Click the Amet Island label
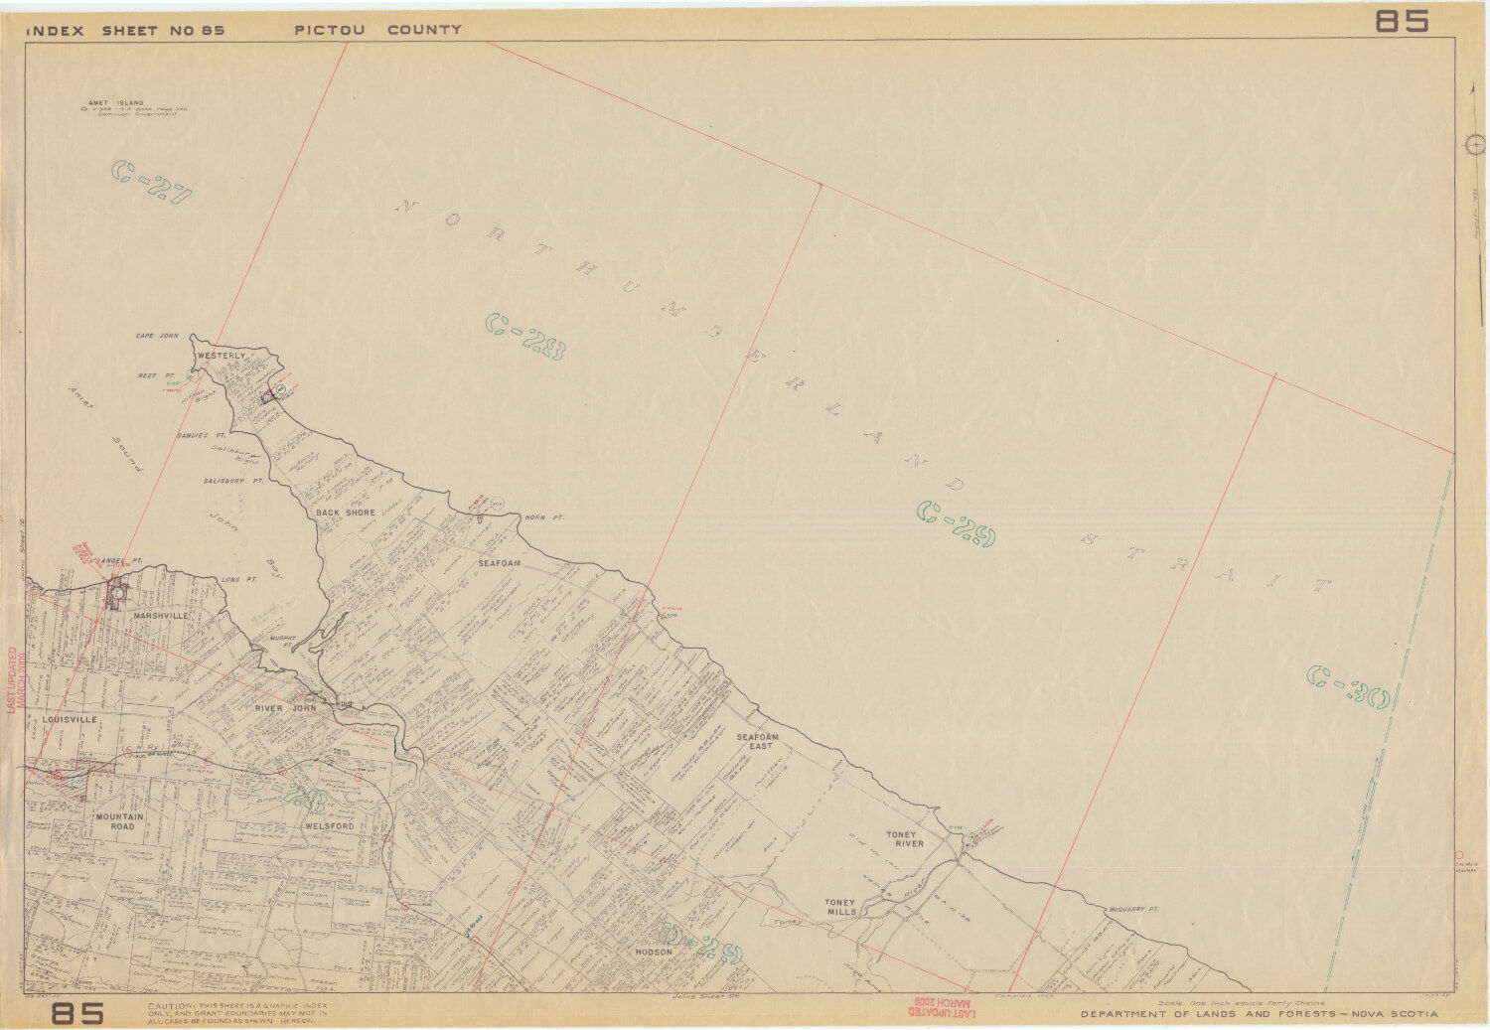pyautogui.click(x=115, y=103)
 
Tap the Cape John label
pyautogui.click(x=157, y=337)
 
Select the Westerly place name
pyautogui.click(x=221, y=356)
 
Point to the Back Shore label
pyautogui.click(x=346, y=513)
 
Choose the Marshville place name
pyautogui.click(x=161, y=616)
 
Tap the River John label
pyautogui.click(x=285, y=708)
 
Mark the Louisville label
pyautogui.click(x=70, y=719)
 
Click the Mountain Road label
pyautogui.click(x=120, y=821)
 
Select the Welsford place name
pyautogui.click(x=330, y=826)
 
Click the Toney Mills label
pyautogui.click(x=840, y=907)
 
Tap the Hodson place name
pyautogui.click(x=654, y=952)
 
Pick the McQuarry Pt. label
pyautogui.click(x=1133, y=909)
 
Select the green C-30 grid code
pyautogui.click(x=1347, y=686)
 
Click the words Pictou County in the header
pyautogui.click(x=377, y=30)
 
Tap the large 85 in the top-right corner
pyautogui.click(x=1402, y=21)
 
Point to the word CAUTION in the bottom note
pyautogui.click(x=169, y=1006)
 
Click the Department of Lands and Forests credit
pyautogui.click(x=1259, y=1014)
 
